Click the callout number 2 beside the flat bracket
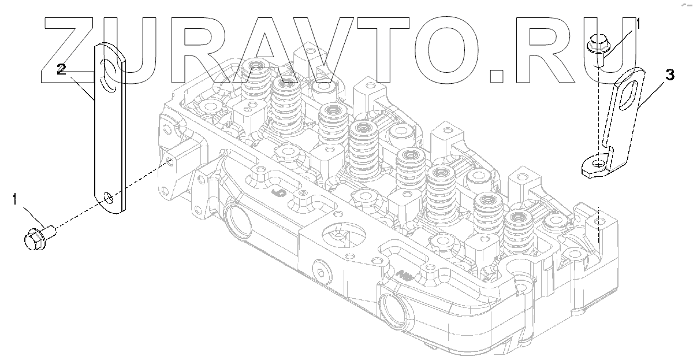click(61, 69)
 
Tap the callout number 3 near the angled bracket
click(669, 75)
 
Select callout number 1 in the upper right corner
click(638, 24)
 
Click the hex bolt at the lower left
click(40, 238)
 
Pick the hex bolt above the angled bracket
click(598, 51)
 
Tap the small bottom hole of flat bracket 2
click(108, 198)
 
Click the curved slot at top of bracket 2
click(108, 75)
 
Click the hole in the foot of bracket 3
click(599, 162)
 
